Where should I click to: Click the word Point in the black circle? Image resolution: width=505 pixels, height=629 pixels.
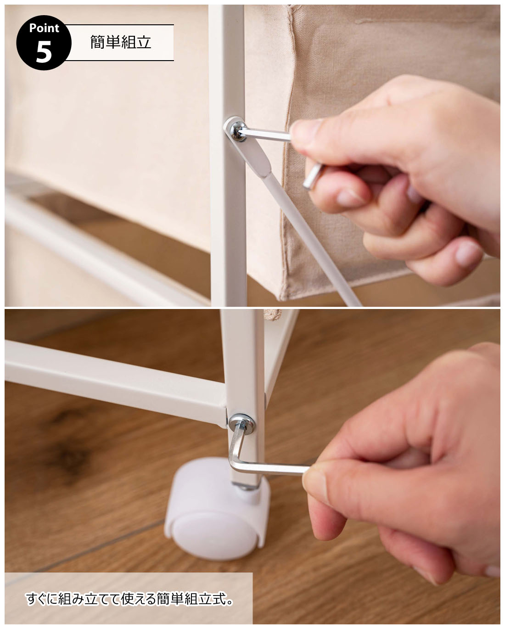(44, 28)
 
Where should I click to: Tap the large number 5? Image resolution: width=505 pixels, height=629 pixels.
(44, 52)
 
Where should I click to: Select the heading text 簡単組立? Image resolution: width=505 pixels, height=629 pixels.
(120, 42)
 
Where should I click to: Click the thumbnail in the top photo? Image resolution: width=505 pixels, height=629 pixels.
(305, 128)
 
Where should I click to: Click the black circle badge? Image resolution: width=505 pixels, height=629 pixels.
(44, 43)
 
